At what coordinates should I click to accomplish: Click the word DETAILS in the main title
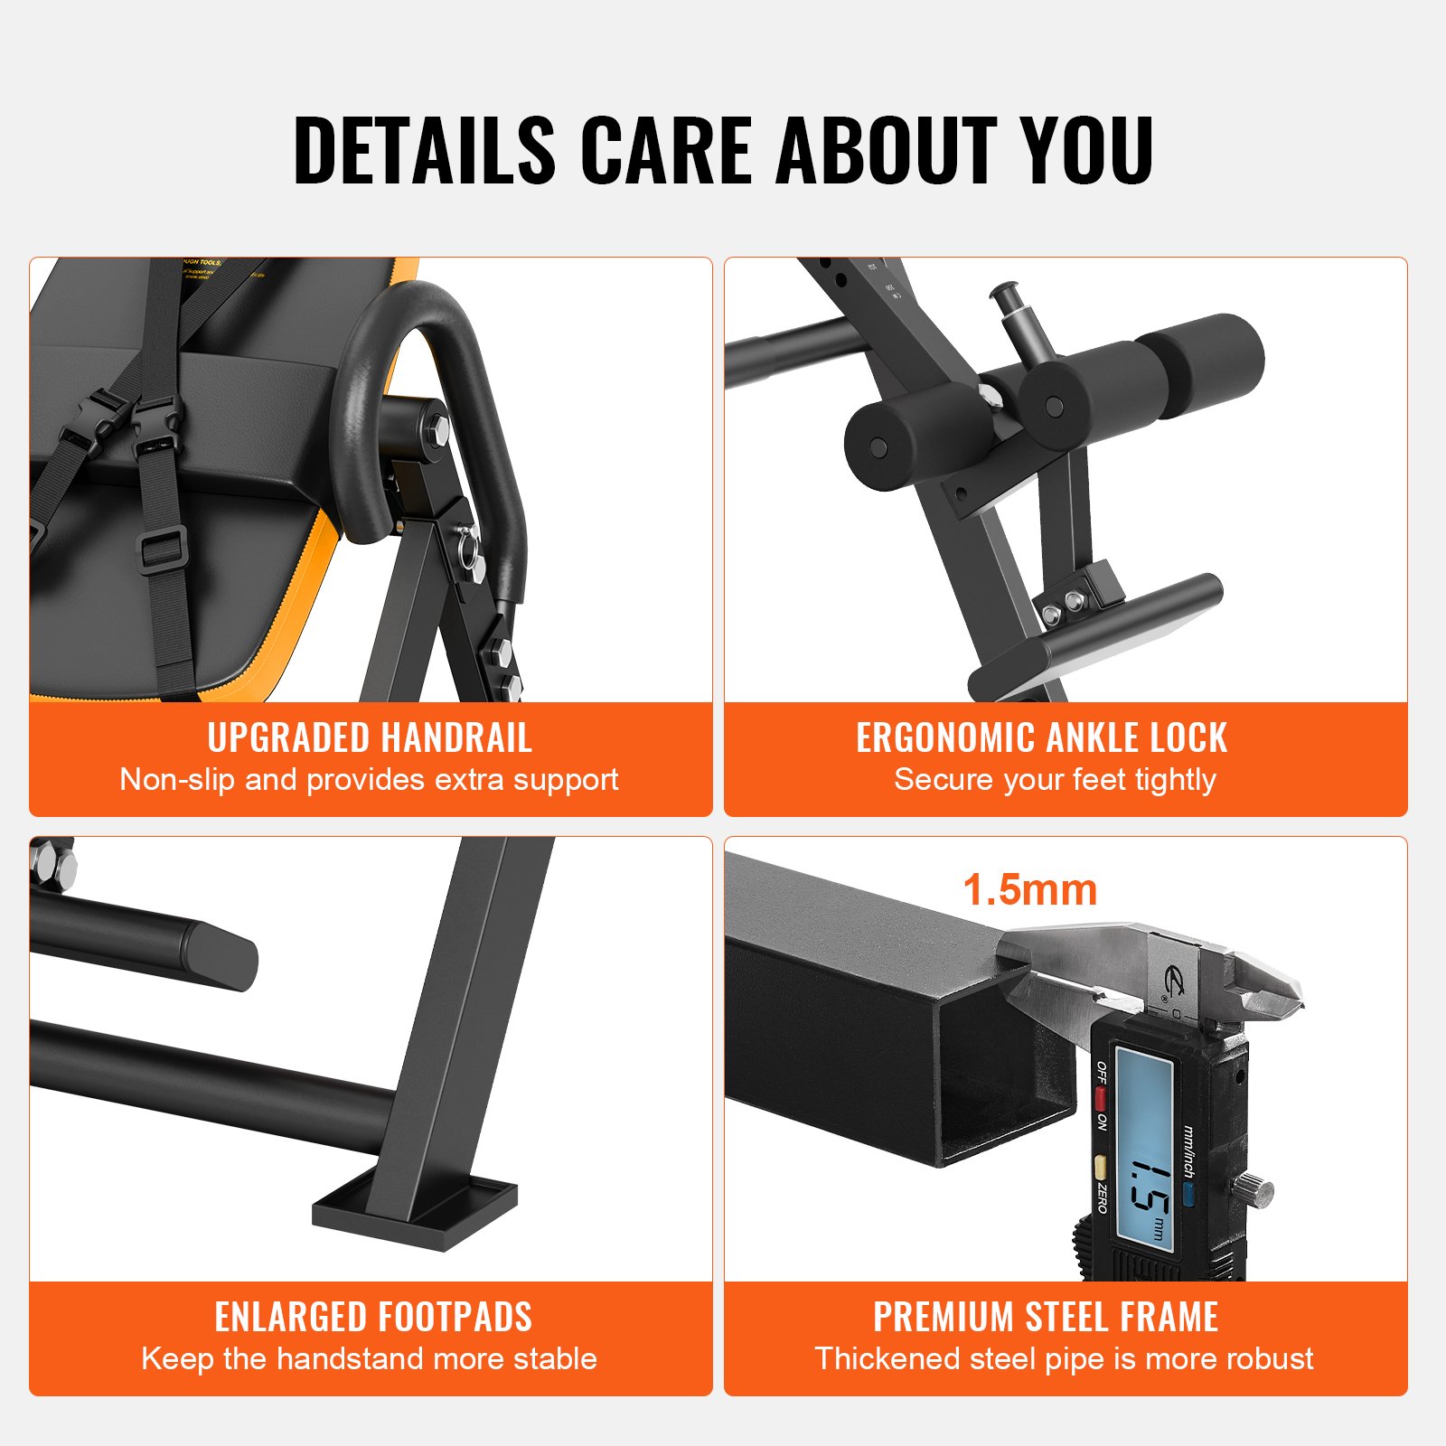[x=424, y=150]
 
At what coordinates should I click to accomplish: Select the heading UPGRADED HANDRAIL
[x=370, y=737]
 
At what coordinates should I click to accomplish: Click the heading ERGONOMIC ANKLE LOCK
[x=1041, y=737]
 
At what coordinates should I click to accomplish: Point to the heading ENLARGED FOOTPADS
[x=373, y=1317]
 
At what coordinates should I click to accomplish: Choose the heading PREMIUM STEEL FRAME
[x=1046, y=1317]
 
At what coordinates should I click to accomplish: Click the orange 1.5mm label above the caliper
[x=1029, y=889]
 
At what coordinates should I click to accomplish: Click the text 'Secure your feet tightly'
[x=1055, y=779]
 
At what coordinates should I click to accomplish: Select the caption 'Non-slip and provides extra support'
[x=369, y=779]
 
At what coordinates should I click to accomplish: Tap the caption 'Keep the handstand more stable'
[x=369, y=1358]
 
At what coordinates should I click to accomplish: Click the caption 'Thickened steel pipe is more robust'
[x=1064, y=1358]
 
